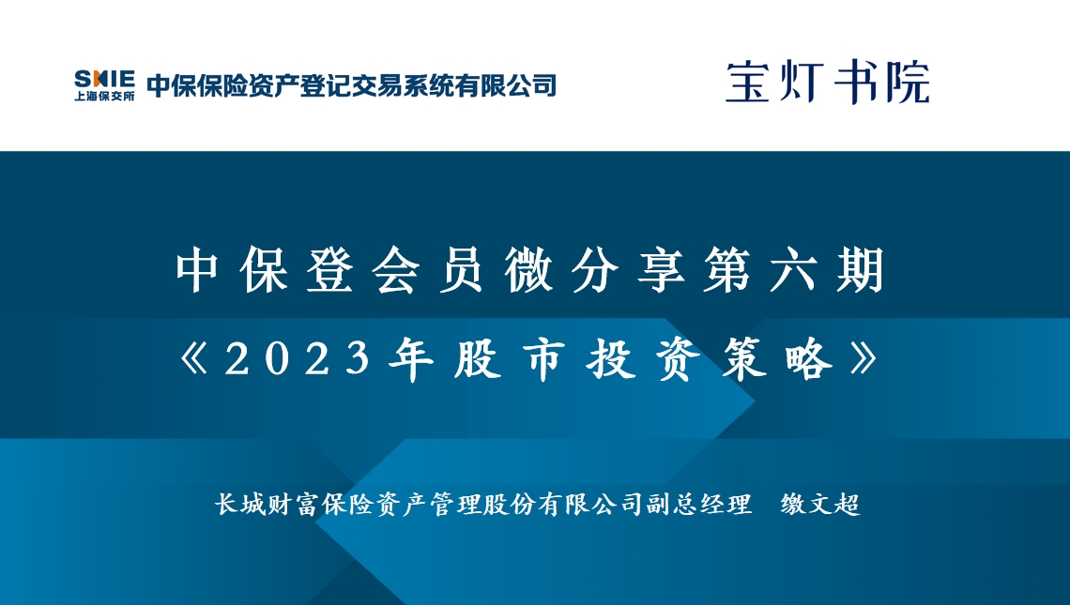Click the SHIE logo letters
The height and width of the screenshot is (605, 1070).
point(104,79)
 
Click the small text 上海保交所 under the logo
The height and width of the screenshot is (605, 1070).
point(104,96)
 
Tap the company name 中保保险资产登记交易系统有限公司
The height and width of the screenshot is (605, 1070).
point(352,85)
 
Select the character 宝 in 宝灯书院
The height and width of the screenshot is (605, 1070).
point(748,83)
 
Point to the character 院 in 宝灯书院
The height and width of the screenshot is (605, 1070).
point(909,83)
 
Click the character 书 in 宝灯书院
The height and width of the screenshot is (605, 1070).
point(855,83)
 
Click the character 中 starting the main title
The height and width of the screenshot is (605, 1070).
point(196,270)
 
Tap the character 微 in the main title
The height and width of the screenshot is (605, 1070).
point(528,270)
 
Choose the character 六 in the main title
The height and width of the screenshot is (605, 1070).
point(794,270)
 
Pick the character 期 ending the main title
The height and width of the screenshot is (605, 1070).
point(861,270)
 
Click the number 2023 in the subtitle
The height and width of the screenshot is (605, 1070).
point(297,358)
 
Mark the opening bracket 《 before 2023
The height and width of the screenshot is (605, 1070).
point(193,358)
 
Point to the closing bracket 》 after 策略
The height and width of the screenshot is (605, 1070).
point(864,358)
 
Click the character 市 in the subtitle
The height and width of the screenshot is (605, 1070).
point(543,358)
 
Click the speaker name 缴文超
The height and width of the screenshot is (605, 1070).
point(820,504)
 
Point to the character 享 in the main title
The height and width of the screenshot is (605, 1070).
point(662,270)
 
